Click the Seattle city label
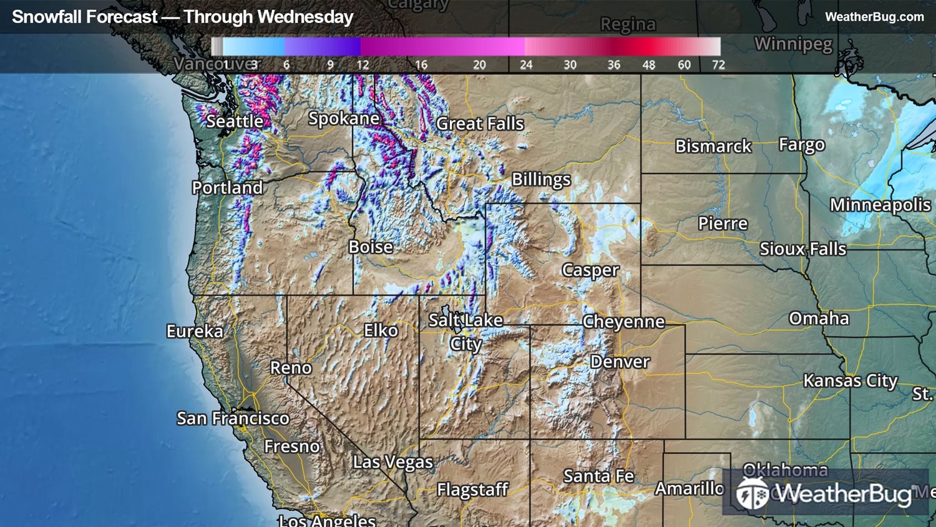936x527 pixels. click(x=235, y=121)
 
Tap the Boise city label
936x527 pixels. click(x=371, y=247)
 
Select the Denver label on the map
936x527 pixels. click(x=620, y=362)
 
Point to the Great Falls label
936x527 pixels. click(x=480, y=124)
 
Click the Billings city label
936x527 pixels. click(x=541, y=180)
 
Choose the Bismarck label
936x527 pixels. click(x=713, y=146)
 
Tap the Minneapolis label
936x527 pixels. click(x=880, y=205)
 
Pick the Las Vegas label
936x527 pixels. click(x=392, y=462)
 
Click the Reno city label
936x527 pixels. click(x=291, y=368)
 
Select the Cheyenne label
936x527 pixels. click(x=623, y=322)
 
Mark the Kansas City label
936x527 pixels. click(x=850, y=381)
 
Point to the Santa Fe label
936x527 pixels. click(x=598, y=476)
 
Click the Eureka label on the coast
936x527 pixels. click(x=195, y=331)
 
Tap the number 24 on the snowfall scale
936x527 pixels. click(x=526, y=65)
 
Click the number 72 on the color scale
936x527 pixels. click(x=718, y=65)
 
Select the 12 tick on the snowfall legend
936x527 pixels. click(x=363, y=65)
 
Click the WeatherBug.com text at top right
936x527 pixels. click(x=874, y=17)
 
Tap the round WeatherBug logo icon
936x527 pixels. click(x=752, y=494)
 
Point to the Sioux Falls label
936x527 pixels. click(x=802, y=249)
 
